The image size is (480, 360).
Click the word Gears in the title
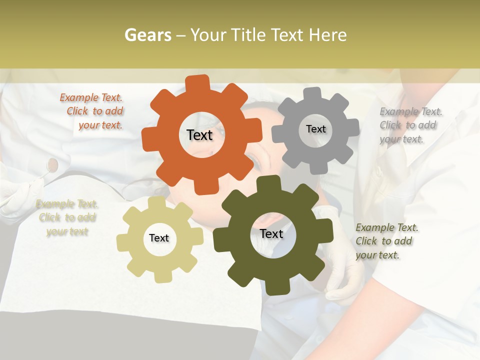(147, 35)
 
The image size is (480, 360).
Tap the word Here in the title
(327, 35)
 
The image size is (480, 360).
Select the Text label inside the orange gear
(199, 135)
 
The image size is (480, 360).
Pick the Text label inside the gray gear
(315, 129)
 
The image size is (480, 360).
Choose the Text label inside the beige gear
(159, 238)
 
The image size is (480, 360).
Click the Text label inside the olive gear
(271, 233)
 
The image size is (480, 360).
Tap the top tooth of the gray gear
(313, 94)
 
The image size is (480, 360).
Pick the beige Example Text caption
(67, 217)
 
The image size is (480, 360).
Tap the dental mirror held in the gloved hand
(52, 164)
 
